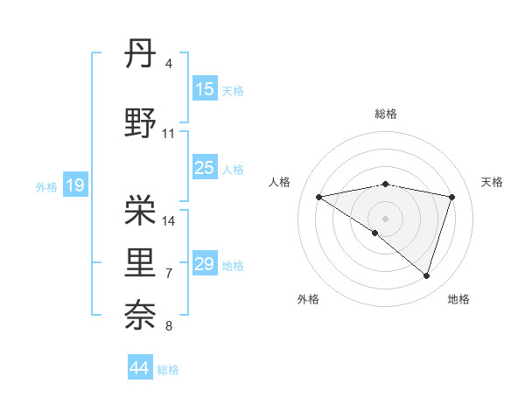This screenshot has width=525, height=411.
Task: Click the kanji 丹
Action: click(140, 55)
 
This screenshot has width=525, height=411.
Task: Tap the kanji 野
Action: click(140, 123)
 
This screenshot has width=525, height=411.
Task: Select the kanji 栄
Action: click(140, 208)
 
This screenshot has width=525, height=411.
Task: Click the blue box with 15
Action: click(205, 89)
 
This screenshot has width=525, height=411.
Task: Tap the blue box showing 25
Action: click(205, 168)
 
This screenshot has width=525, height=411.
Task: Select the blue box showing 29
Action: click(205, 264)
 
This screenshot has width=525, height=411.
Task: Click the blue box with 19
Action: click(74, 185)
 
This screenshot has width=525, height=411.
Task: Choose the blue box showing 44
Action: click(140, 368)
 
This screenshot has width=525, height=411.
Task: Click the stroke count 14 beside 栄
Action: click(170, 220)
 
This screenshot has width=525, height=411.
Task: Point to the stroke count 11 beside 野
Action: click(169, 134)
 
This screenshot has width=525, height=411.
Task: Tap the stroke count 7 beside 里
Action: click(169, 274)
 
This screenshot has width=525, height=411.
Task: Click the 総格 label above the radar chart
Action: click(385, 114)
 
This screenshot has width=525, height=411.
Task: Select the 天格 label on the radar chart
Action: click(492, 182)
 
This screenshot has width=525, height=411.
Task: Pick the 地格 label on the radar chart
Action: click(458, 299)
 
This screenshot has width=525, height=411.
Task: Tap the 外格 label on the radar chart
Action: click(308, 299)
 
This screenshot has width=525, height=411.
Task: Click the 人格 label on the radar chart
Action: click(280, 182)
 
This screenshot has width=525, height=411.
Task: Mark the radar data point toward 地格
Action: click(426, 275)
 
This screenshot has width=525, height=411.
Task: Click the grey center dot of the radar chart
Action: click(385, 218)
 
